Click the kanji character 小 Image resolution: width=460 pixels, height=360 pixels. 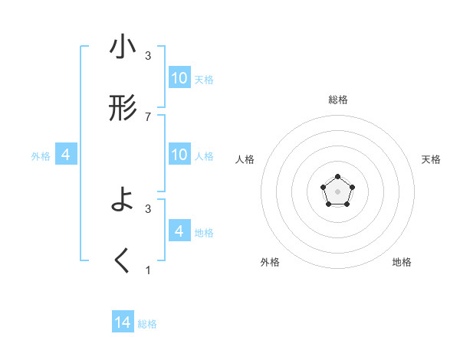click(x=123, y=48)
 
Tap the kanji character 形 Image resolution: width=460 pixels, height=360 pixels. click(x=123, y=109)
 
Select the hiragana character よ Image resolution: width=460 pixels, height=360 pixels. click(x=123, y=201)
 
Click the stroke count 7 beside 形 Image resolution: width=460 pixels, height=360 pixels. click(x=148, y=116)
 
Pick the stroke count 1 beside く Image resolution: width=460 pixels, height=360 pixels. click(x=148, y=270)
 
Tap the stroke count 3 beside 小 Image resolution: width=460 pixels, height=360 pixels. click(x=148, y=56)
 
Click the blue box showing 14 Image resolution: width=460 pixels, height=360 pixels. click(x=123, y=322)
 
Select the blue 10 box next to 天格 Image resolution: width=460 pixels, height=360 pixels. click(x=179, y=78)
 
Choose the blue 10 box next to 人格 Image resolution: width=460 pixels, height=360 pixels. click(x=179, y=155)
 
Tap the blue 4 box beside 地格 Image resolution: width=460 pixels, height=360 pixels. click(x=179, y=231)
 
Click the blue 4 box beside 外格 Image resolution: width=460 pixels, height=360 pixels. click(x=66, y=155)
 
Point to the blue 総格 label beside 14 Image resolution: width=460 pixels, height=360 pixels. click(x=147, y=324)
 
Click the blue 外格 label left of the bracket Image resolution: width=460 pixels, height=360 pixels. click(x=41, y=156)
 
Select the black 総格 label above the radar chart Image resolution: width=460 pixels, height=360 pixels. click(x=337, y=100)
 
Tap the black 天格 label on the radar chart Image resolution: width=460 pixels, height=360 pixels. click(x=432, y=159)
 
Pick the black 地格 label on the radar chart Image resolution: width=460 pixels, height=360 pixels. click(x=402, y=262)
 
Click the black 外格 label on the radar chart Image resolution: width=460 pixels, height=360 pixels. click(x=270, y=262)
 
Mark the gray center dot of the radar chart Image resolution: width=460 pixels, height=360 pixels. click(x=337, y=190)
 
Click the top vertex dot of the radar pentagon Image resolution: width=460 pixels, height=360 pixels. click(x=337, y=177)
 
